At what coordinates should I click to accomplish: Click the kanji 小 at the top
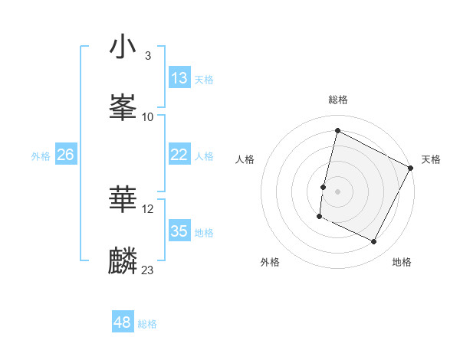(x=123, y=47)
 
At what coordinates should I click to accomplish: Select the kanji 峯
(x=123, y=106)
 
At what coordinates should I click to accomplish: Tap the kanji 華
(x=123, y=198)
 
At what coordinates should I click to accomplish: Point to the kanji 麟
(x=123, y=260)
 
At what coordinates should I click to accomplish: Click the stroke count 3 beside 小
(x=147, y=56)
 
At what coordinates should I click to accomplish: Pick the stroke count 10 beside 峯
(x=148, y=116)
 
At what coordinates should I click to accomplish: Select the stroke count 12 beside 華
(x=148, y=208)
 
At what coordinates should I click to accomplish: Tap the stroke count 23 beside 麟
(x=148, y=270)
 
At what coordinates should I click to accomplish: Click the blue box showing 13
(x=179, y=78)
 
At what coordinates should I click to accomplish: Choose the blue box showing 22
(x=179, y=155)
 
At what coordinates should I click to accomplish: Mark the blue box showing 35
(x=179, y=231)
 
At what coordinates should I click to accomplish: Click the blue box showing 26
(x=66, y=155)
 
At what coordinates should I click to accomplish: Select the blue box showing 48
(x=123, y=322)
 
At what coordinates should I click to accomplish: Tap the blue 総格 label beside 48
(x=147, y=324)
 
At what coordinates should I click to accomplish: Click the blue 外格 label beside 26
(x=41, y=156)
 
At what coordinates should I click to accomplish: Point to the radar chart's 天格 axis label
(x=431, y=159)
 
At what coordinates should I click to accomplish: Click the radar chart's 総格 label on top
(x=338, y=100)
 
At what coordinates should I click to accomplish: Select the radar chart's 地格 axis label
(x=402, y=262)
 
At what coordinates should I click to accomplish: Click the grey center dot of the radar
(x=338, y=191)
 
